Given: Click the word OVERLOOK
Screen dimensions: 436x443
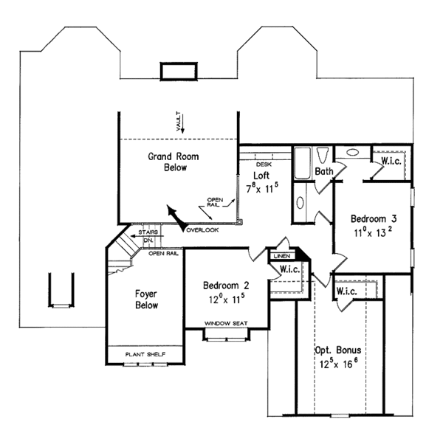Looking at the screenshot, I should tap(202, 230).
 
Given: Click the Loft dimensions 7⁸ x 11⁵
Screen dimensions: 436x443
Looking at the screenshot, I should tap(261, 187).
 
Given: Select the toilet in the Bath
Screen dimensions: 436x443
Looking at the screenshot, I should tap(323, 156).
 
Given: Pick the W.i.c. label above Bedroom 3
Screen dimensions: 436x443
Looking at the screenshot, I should tap(390, 161).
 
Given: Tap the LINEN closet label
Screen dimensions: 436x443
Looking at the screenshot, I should tap(281, 256).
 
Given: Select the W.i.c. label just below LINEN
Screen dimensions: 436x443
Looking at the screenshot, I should tap(289, 270).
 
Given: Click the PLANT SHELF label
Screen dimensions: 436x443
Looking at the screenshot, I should tap(144, 355).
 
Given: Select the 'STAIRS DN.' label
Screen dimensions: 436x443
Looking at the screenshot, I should tap(147, 237).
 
